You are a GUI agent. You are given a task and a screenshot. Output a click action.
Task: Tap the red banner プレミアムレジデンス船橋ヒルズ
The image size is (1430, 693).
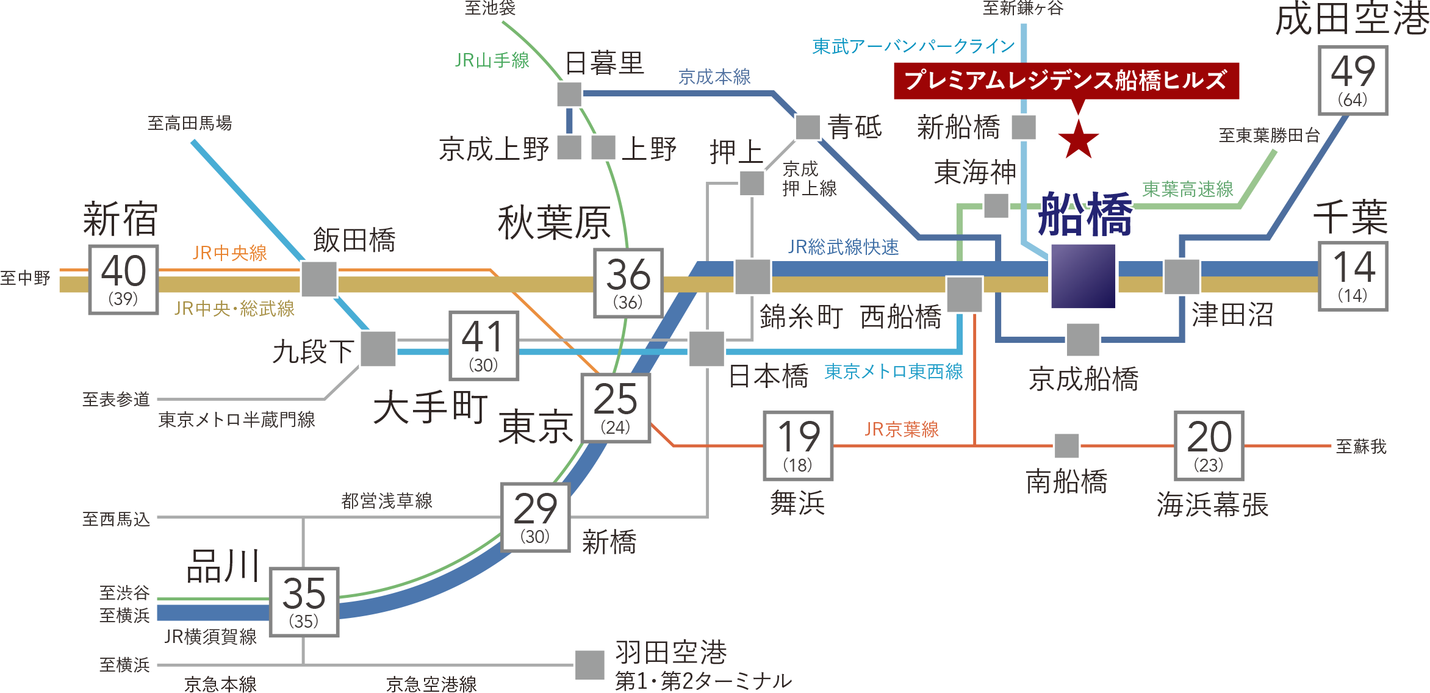click(1066, 81)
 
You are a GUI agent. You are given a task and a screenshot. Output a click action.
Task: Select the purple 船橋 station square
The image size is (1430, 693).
click(1083, 276)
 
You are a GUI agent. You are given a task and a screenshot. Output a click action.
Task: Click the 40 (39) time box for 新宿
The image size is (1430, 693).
click(124, 279)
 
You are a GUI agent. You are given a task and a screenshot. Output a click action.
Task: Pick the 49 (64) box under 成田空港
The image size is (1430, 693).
click(1353, 80)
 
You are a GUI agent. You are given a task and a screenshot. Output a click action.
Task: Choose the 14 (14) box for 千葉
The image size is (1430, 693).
click(1353, 276)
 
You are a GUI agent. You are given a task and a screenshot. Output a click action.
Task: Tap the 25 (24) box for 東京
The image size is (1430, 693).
click(616, 408)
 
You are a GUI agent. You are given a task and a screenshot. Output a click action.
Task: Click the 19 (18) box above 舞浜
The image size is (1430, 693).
click(798, 446)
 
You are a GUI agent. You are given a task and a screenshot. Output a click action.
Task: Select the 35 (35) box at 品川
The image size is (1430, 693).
click(304, 602)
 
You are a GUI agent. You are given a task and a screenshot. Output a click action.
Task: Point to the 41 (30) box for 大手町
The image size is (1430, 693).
click(484, 346)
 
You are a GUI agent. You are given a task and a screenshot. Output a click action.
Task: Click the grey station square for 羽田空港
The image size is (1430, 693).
click(589, 665)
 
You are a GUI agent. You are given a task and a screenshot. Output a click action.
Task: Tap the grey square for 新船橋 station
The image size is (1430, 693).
click(1024, 127)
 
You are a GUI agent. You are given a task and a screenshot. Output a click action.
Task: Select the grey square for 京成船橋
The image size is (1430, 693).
click(1083, 340)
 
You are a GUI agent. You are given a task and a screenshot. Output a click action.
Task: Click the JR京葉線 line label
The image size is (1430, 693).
click(901, 429)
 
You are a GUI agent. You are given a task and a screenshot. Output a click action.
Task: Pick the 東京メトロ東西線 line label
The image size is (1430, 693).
click(893, 372)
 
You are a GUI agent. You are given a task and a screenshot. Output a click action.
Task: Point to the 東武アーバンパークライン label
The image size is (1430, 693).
click(913, 46)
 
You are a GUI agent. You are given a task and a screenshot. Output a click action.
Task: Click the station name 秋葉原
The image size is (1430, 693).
click(554, 223)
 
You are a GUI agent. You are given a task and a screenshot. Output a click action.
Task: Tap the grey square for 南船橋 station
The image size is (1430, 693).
click(1066, 446)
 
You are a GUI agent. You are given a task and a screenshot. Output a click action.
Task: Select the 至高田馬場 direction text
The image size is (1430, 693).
click(190, 124)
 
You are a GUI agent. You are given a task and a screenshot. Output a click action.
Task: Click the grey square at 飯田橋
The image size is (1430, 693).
click(319, 279)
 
